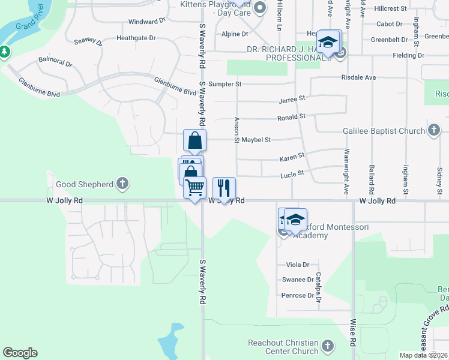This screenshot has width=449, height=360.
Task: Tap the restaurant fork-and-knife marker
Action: point(224,188)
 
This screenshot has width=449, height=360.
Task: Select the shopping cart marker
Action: point(195,188)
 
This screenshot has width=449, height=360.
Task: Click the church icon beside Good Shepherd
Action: point(122,184)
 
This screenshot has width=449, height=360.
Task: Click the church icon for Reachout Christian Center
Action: point(327,346)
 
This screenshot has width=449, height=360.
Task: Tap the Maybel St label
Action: point(256,140)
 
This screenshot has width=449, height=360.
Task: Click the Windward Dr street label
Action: point(147,21)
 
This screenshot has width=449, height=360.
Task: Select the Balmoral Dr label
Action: point(55,62)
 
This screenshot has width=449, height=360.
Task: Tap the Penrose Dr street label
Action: point(298,295)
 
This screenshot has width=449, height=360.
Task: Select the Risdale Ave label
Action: point(358,77)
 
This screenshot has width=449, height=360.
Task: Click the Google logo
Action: point(20,353)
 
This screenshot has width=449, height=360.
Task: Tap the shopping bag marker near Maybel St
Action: point(194,141)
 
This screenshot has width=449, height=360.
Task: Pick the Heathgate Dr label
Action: point(136,37)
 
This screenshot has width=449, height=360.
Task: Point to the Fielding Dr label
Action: point(409,55)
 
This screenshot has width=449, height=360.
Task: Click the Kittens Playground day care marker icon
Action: point(260,8)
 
